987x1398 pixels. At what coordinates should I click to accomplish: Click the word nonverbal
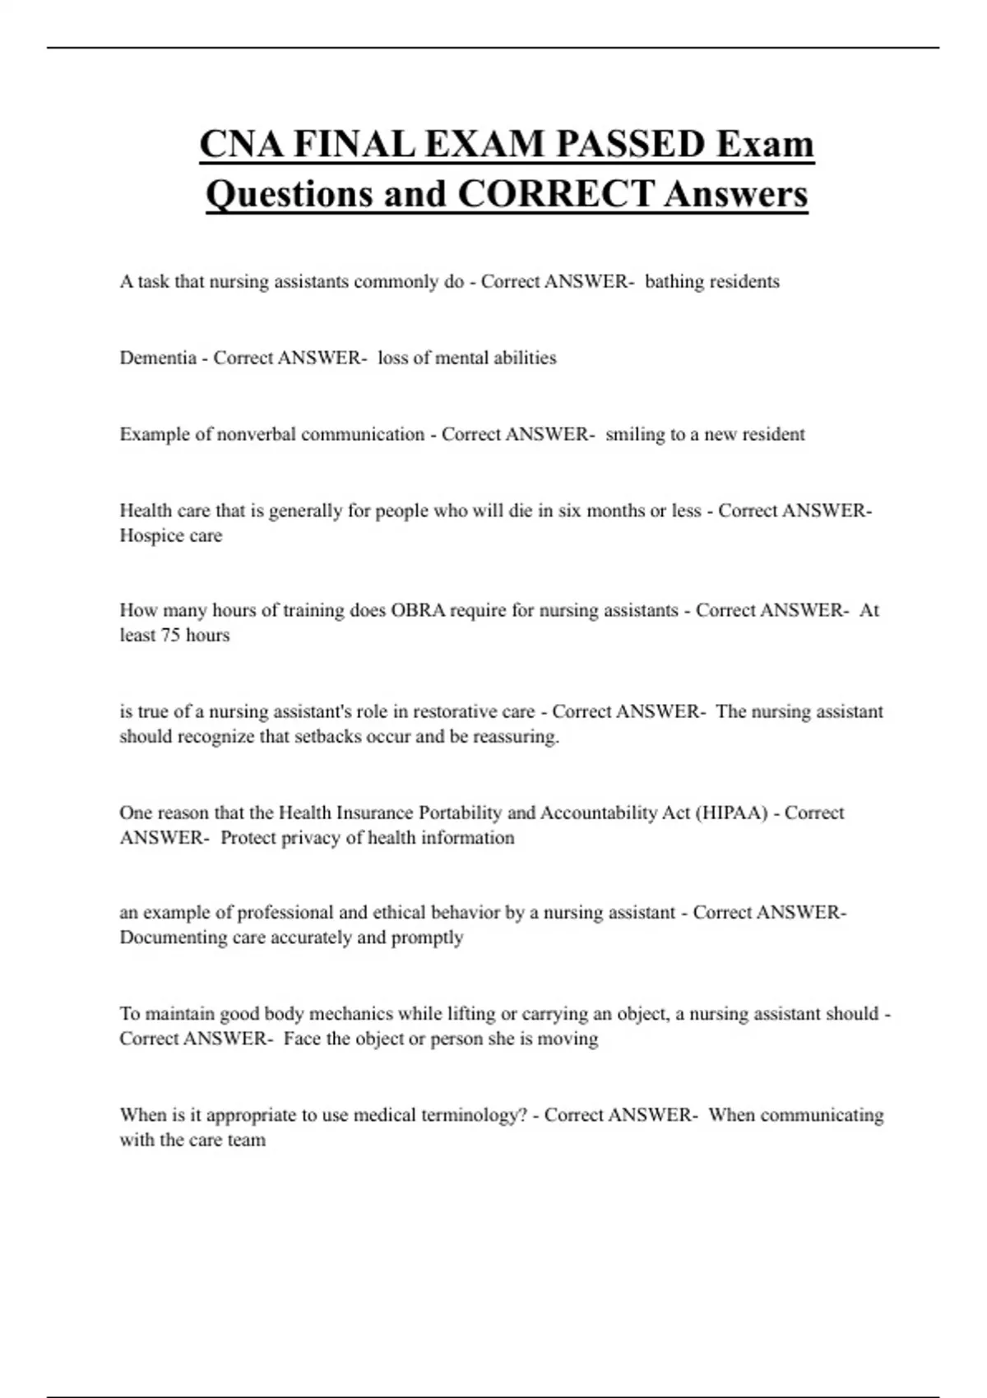point(256,434)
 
